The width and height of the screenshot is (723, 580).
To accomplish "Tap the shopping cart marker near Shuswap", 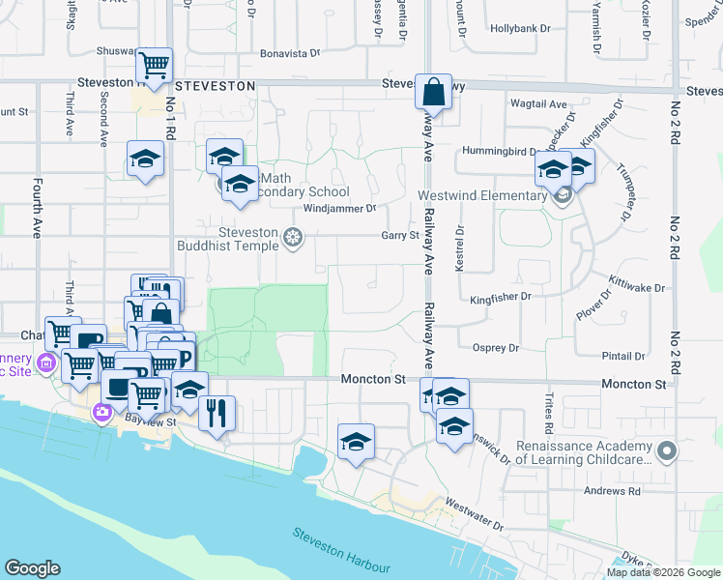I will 154,66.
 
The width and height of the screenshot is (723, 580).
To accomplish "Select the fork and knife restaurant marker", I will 217,413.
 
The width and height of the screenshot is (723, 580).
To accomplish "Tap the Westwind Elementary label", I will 482,195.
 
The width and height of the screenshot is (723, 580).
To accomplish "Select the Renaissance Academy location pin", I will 666,451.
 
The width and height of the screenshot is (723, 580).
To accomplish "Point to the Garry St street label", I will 399,235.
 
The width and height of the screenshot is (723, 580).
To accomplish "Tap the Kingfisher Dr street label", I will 501,297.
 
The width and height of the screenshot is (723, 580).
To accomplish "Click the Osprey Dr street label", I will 496,348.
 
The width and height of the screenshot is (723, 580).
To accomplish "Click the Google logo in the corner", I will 32,568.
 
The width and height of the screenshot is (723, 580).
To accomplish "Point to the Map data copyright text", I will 662,572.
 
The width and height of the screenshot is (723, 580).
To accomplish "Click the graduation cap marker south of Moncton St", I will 356,442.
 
